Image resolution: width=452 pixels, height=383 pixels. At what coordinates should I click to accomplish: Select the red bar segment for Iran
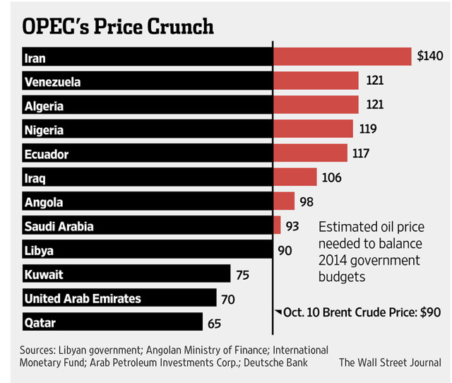(342, 57)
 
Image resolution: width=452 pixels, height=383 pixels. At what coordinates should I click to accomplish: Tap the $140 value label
(429, 57)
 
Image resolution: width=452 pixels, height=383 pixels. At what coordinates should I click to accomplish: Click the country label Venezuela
(52, 82)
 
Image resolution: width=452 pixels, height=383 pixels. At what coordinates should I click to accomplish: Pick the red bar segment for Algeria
(316, 106)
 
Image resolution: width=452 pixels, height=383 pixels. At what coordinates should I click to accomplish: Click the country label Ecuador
(46, 154)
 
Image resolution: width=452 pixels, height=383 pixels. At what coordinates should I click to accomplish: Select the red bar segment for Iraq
(297, 177)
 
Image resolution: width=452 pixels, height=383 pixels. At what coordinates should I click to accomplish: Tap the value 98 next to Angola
(307, 202)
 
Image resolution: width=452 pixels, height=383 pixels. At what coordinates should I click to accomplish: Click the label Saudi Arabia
(59, 226)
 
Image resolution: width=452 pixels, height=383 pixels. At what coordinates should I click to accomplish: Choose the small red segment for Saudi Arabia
(277, 226)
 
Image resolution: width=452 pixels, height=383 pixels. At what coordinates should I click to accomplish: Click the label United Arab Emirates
(82, 298)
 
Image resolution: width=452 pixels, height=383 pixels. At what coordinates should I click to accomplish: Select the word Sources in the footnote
(40, 350)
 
